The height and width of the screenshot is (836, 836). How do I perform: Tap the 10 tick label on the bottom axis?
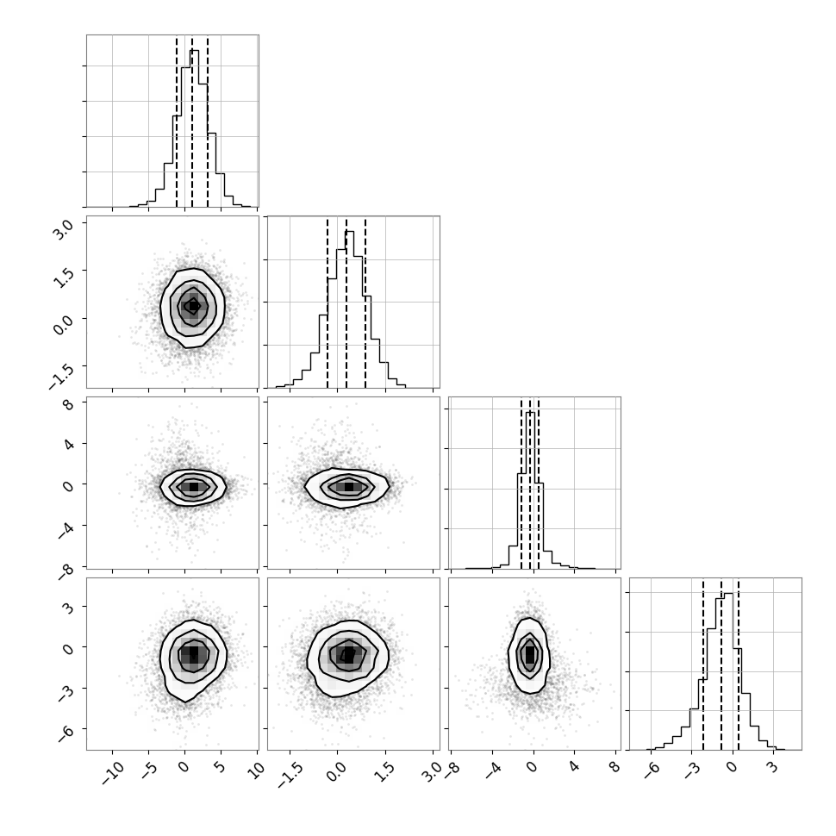(x=255, y=770)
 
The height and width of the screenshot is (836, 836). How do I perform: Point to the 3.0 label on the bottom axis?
(x=431, y=771)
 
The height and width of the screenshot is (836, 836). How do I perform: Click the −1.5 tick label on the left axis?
(x=61, y=376)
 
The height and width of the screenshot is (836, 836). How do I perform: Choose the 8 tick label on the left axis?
(x=68, y=405)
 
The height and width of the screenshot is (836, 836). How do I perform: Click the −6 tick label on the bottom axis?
(x=651, y=770)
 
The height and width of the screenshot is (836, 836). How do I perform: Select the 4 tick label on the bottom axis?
(x=573, y=767)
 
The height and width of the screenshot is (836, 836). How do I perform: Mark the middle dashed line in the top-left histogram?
(x=192, y=121)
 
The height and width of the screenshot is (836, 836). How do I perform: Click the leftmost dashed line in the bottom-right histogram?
(x=703, y=664)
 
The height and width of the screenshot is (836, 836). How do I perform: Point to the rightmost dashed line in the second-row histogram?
(x=365, y=302)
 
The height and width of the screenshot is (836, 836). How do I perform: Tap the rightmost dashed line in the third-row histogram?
(x=539, y=483)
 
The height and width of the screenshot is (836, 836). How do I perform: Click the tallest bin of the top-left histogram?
(x=194, y=128)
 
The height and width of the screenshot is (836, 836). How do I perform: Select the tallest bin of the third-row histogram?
(x=530, y=490)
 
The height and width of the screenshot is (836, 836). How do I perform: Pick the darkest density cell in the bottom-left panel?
(x=194, y=653)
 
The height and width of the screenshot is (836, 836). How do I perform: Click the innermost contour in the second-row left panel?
(x=193, y=306)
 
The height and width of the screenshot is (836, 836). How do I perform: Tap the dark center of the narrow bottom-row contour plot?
(x=529, y=653)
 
